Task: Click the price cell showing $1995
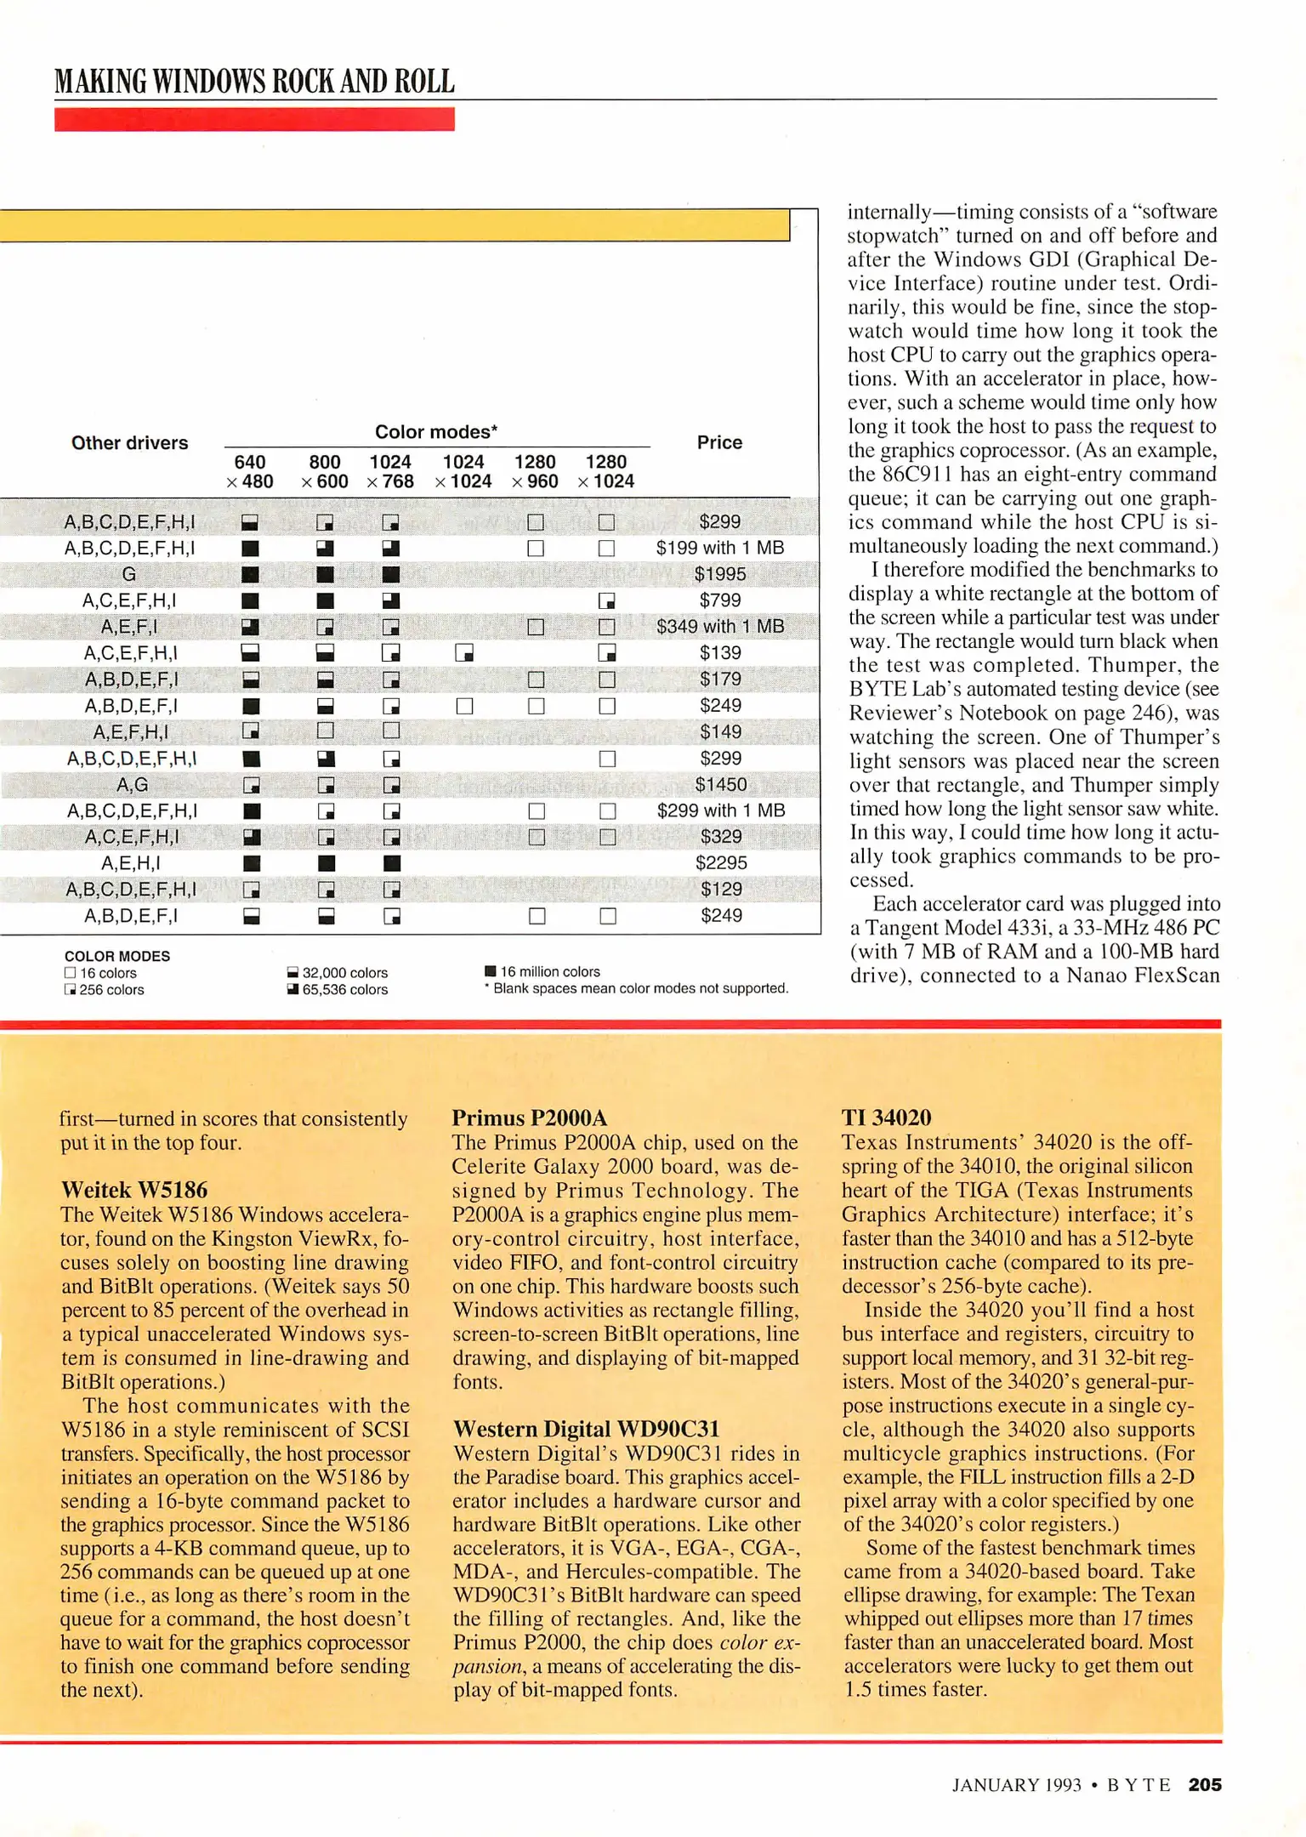(719, 574)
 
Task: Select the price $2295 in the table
(720, 863)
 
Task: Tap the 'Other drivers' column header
(129, 443)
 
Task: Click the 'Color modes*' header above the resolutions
(436, 432)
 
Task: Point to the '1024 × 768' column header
(390, 472)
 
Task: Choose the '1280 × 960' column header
(535, 472)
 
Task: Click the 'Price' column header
(719, 442)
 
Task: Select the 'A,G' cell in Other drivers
(132, 784)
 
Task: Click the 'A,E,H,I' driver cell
(131, 863)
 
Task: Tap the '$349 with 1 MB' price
(719, 627)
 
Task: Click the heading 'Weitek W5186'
(134, 1190)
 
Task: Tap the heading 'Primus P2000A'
(529, 1118)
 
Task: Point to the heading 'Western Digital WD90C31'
(586, 1429)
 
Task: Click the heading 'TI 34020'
(886, 1118)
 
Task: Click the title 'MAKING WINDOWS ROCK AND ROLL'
(254, 82)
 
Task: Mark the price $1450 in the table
(720, 784)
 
